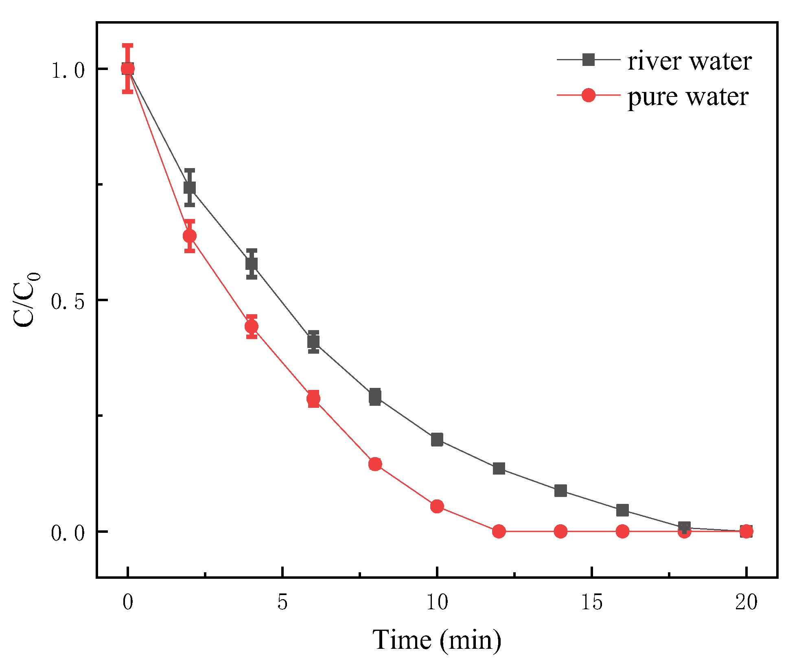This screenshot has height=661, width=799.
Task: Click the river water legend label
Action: point(689,61)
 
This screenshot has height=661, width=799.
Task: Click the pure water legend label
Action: point(687,97)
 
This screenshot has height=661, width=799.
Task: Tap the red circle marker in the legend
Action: point(588,95)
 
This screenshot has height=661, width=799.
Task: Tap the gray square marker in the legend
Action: point(588,60)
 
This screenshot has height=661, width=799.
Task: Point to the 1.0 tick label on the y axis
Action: point(68,70)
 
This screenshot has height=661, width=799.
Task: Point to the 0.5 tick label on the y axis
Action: point(68,302)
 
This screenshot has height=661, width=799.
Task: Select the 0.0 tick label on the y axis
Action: point(68,533)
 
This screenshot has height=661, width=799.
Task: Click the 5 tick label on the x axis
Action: point(282,602)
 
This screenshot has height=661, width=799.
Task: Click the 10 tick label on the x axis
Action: point(437,602)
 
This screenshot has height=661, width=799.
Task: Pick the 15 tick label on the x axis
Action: point(591,602)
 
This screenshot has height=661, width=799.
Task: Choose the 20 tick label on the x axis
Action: point(746,602)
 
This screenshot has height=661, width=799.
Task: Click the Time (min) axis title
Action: point(437,640)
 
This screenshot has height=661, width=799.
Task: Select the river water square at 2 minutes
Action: point(190,188)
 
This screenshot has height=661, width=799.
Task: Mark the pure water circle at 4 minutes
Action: point(252,326)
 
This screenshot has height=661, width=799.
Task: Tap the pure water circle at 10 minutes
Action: point(437,506)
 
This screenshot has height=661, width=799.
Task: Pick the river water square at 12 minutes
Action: point(499,468)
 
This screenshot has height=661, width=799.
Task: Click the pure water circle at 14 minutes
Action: point(560,531)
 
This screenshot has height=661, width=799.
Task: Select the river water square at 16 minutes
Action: point(622,510)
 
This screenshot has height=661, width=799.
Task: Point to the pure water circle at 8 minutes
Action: point(375,464)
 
